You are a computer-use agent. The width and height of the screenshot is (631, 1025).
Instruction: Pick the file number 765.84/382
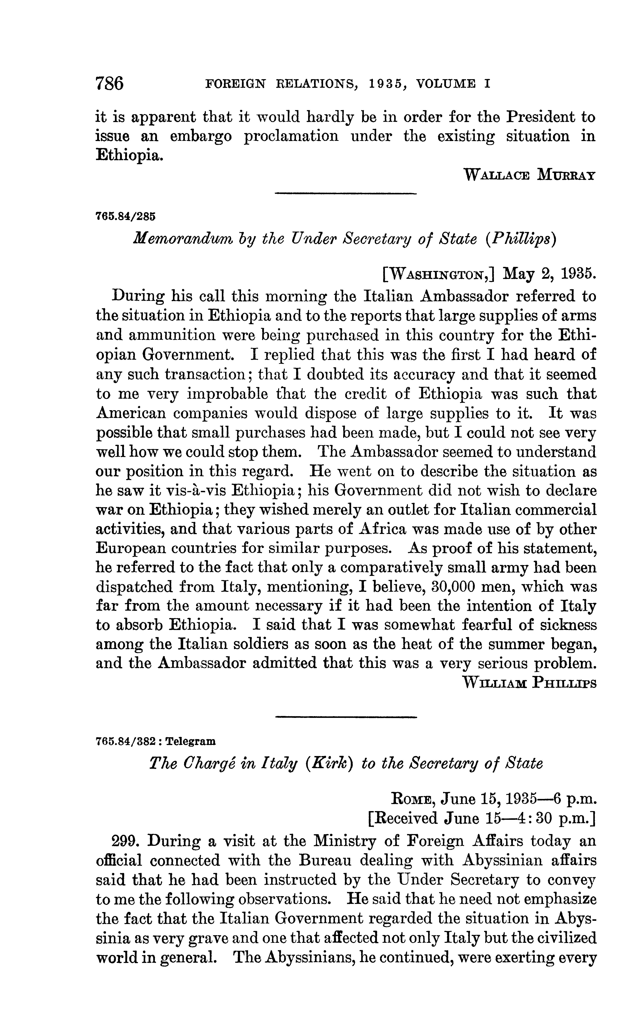[125, 741]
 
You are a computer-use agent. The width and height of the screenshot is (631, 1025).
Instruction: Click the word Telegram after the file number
[191, 741]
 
